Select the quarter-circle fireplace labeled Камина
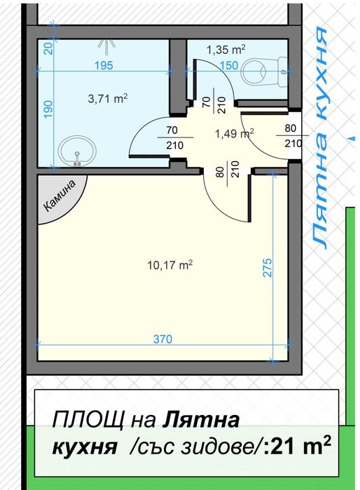click(x=59, y=198)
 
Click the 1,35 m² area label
click(x=226, y=50)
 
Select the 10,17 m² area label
click(x=169, y=265)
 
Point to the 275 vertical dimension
click(x=267, y=268)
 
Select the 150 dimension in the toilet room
click(x=228, y=65)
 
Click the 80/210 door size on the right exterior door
click(x=291, y=136)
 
